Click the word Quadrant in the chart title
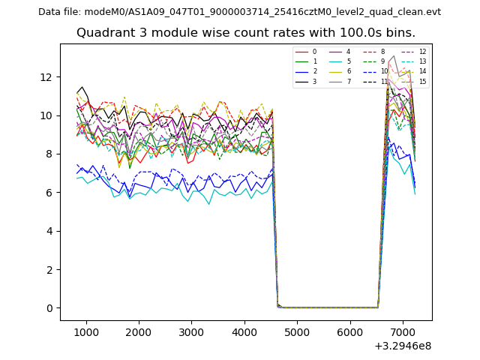click(101, 33)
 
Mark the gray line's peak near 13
click(394, 55)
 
